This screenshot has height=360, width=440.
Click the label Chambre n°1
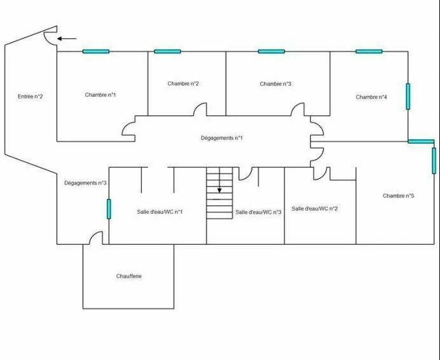point(100,95)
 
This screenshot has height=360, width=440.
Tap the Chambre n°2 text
point(183,84)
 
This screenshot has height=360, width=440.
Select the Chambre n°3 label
point(275,84)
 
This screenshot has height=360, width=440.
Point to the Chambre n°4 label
point(371,97)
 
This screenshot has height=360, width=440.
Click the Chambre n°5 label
point(398,196)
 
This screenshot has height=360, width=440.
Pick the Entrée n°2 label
point(31,97)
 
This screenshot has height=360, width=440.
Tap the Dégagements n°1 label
point(222,138)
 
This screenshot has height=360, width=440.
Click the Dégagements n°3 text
point(85,183)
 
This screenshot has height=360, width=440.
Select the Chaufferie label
point(129,276)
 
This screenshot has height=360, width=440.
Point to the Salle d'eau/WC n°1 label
point(160,212)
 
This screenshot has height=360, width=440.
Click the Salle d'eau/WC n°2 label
point(315,209)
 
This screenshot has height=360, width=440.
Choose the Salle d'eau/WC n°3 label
point(258,212)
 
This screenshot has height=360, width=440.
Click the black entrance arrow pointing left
point(67,38)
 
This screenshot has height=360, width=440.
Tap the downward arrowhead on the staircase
point(219,190)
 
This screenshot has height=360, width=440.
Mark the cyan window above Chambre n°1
point(96,52)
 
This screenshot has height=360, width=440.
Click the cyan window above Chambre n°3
point(272,52)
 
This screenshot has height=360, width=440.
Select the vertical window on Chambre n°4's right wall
point(408,96)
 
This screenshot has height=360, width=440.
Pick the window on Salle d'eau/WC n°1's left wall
point(109,209)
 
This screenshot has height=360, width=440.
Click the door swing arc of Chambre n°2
point(200,109)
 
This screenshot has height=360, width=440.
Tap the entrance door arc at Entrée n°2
point(50,38)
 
